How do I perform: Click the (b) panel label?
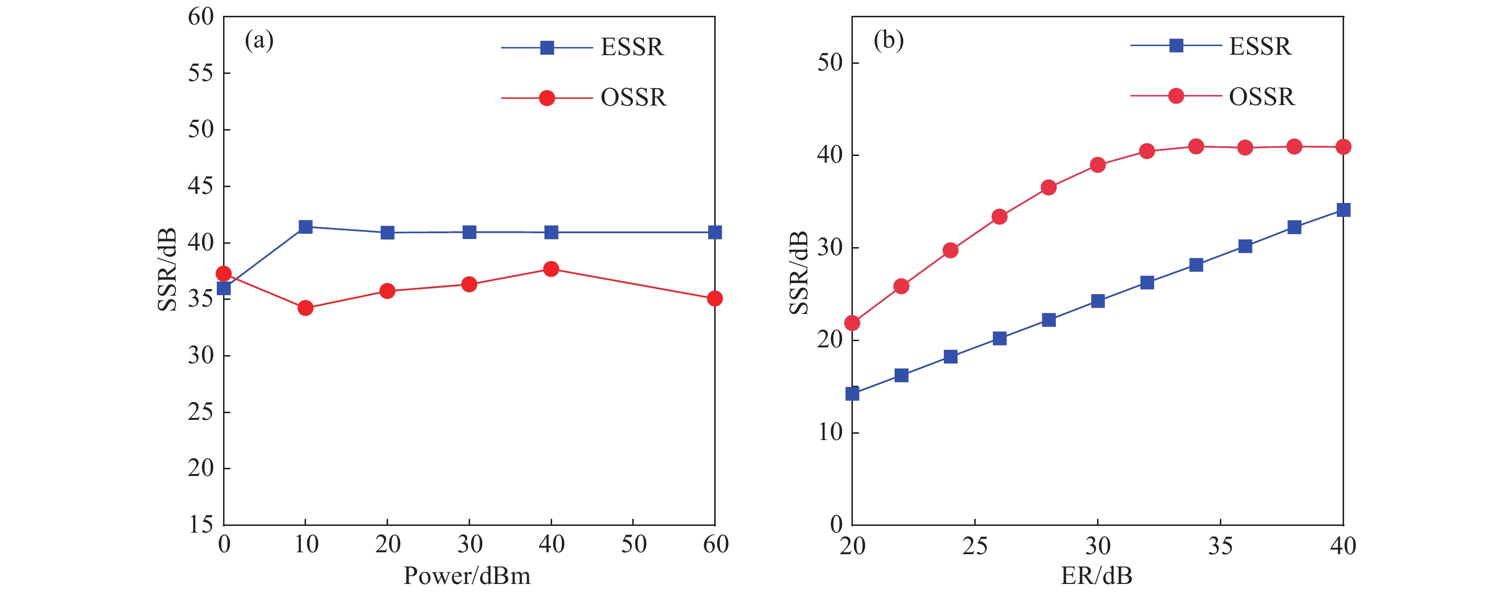pos(888,40)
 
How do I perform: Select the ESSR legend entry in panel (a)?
pos(631,48)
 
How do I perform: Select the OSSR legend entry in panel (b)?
pos(1261,97)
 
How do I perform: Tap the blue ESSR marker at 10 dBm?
pos(305,227)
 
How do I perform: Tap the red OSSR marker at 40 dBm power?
pos(551,269)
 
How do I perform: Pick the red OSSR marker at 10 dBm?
pos(305,308)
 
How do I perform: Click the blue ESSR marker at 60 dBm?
pos(714,232)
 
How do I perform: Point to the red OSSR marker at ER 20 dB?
pos(852,323)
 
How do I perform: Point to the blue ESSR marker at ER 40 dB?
pos(1343,210)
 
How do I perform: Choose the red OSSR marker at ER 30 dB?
pos(1098,165)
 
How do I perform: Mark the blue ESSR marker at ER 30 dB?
pos(1098,301)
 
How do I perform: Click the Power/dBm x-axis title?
pos(467,576)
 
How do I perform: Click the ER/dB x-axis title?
pos(1096,576)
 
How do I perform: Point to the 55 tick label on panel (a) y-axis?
pos(201,73)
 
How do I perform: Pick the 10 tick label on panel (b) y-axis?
pos(829,433)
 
